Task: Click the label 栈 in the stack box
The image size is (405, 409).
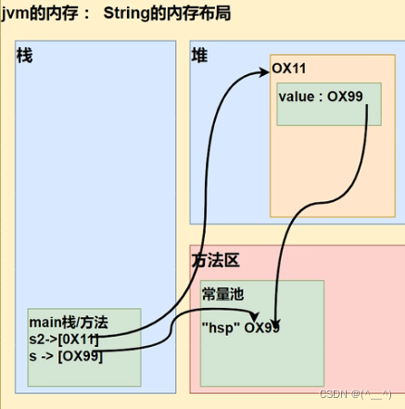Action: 24,56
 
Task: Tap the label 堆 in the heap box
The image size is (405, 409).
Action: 199,56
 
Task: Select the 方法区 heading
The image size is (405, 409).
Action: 214,262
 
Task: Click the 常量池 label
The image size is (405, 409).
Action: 222,293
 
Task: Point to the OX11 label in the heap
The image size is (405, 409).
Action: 288,69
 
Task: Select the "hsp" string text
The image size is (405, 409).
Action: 221,326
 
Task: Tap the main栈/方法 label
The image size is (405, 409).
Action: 69,323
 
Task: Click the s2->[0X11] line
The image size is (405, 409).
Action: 65,339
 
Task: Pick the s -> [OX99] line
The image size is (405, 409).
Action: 64,356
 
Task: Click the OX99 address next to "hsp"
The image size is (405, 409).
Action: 262,326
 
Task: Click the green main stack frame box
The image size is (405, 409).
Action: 83,371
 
